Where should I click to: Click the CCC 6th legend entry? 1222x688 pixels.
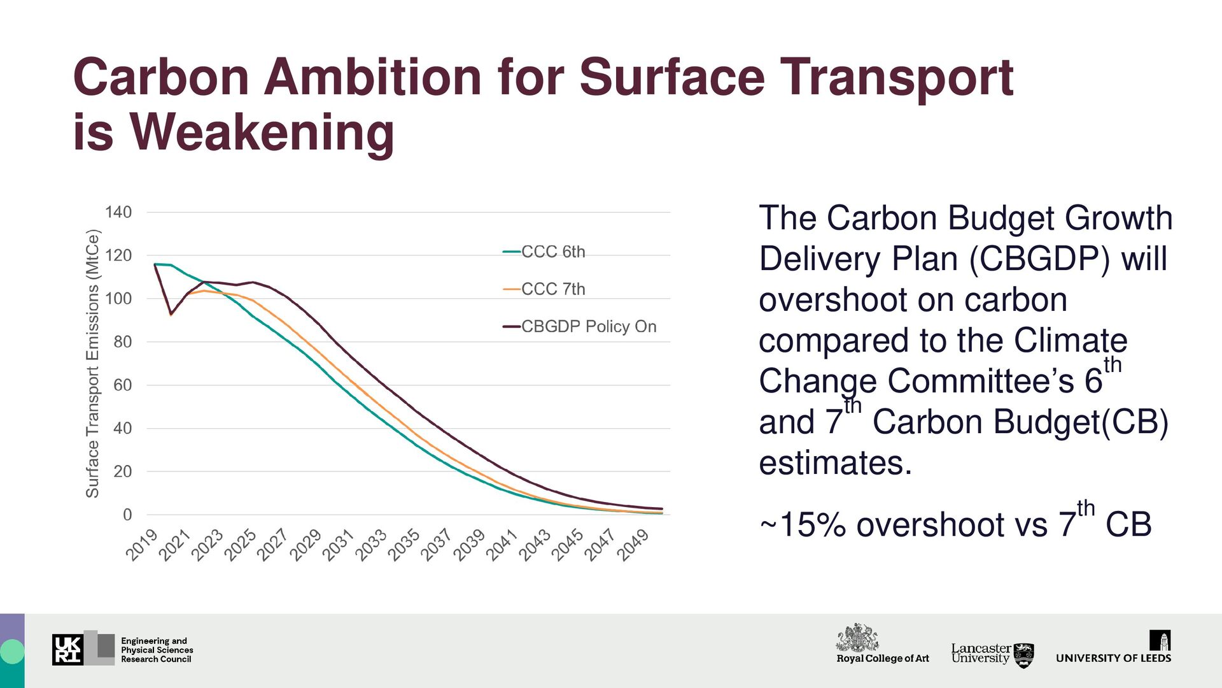click(552, 252)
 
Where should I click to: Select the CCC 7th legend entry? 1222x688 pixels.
click(552, 289)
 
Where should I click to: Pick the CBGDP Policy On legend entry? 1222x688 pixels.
click(588, 327)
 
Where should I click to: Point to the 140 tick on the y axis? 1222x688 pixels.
click(118, 212)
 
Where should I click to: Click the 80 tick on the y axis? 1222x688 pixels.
click(122, 342)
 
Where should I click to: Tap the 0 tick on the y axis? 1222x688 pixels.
click(127, 515)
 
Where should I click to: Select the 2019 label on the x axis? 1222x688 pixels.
click(141, 545)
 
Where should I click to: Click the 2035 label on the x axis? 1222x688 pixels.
click(404, 545)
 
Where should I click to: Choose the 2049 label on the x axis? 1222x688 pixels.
click(633, 545)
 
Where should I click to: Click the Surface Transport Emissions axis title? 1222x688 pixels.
click(93, 363)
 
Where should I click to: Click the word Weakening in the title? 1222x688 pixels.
click(262, 133)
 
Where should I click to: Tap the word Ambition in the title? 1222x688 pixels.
click(373, 77)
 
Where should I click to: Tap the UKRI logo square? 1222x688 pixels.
click(67, 649)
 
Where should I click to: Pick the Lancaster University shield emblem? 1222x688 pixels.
click(1023, 655)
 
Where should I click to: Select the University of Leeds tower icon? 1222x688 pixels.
click(1160, 640)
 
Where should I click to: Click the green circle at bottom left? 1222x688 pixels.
click(12, 652)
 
